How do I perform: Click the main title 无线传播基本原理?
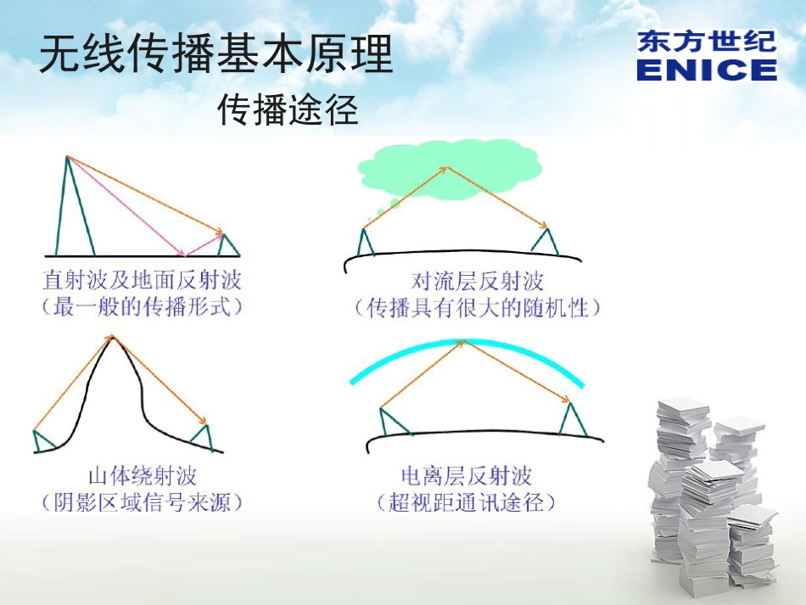tap(217, 55)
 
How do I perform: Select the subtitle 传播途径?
tap(288, 110)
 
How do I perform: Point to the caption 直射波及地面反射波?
tap(142, 279)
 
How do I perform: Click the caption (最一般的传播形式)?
tap(142, 305)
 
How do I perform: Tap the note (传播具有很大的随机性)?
tap(478, 307)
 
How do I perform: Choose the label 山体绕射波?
tap(143, 475)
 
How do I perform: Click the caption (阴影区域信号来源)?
tap(143, 502)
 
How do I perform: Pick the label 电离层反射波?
tap(466, 475)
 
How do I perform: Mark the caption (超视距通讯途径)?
tap(466, 502)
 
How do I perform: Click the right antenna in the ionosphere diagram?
tap(574, 417)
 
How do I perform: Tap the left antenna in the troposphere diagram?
tap(366, 243)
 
